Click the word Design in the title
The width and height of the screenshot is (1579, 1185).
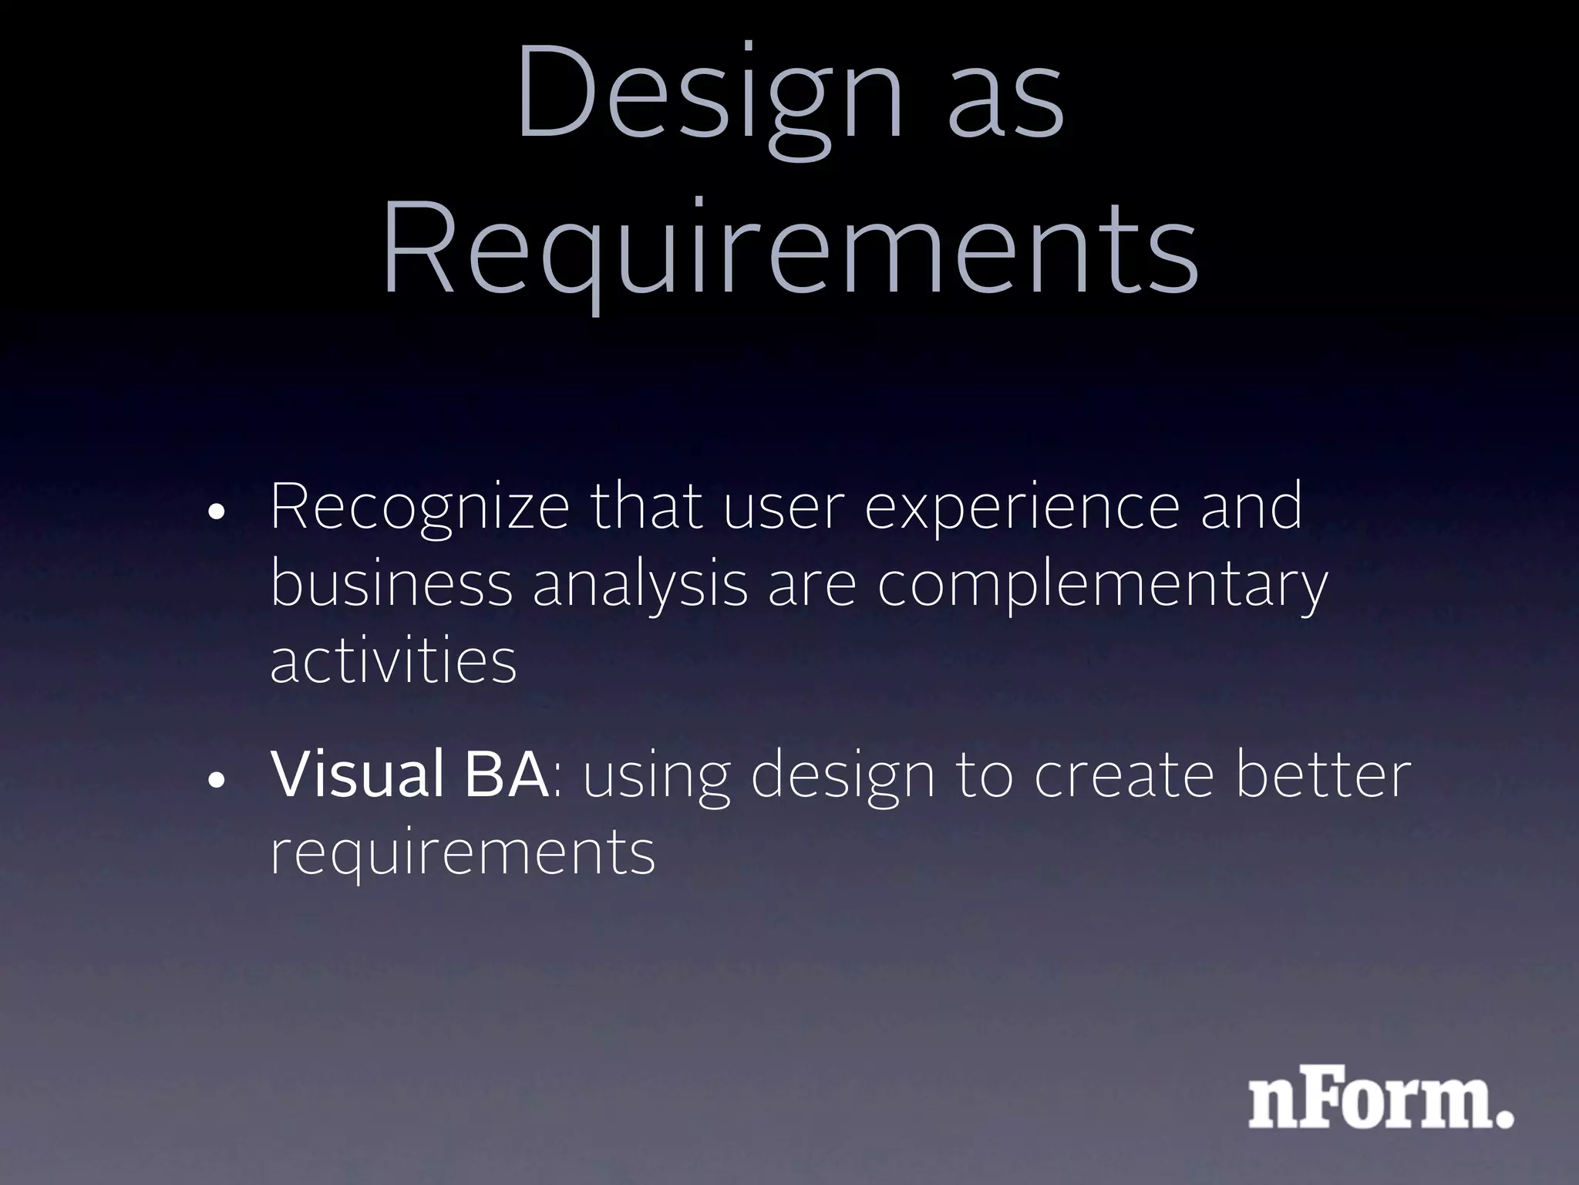click(709, 96)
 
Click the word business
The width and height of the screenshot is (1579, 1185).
click(392, 584)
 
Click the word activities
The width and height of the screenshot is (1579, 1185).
click(393, 660)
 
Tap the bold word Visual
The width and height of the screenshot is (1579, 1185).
click(356, 775)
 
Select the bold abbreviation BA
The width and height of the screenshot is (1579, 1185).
click(506, 775)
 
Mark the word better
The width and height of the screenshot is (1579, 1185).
click(1323, 775)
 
